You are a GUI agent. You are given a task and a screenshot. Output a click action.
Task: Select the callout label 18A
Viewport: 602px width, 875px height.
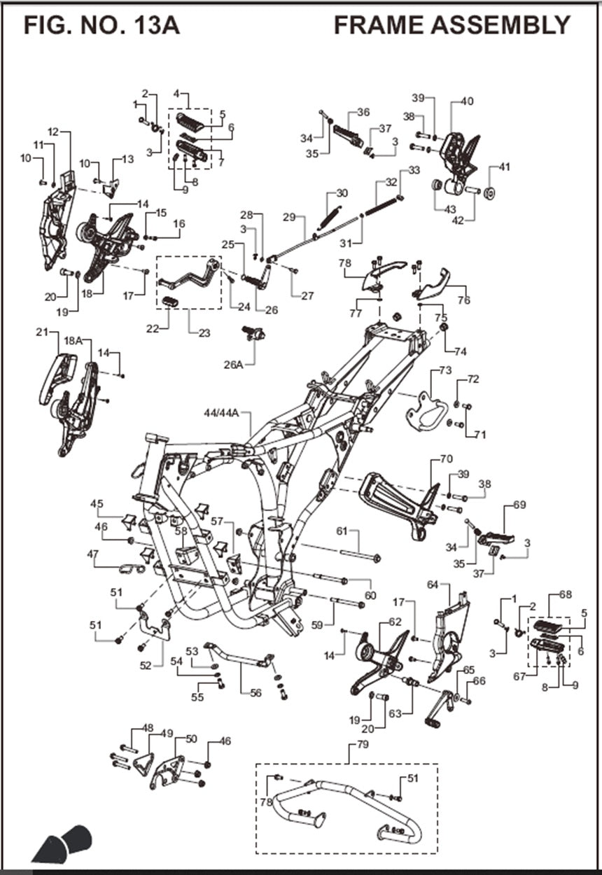[73, 340]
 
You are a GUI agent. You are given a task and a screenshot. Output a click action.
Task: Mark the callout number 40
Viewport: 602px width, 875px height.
[467, 101]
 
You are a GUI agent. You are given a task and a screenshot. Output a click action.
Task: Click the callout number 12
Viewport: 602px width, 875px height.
[55, 132]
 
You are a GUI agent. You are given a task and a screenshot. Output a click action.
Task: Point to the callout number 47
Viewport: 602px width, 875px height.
[93, 554]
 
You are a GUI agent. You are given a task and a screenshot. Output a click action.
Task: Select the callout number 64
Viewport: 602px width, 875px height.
[433, 584]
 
